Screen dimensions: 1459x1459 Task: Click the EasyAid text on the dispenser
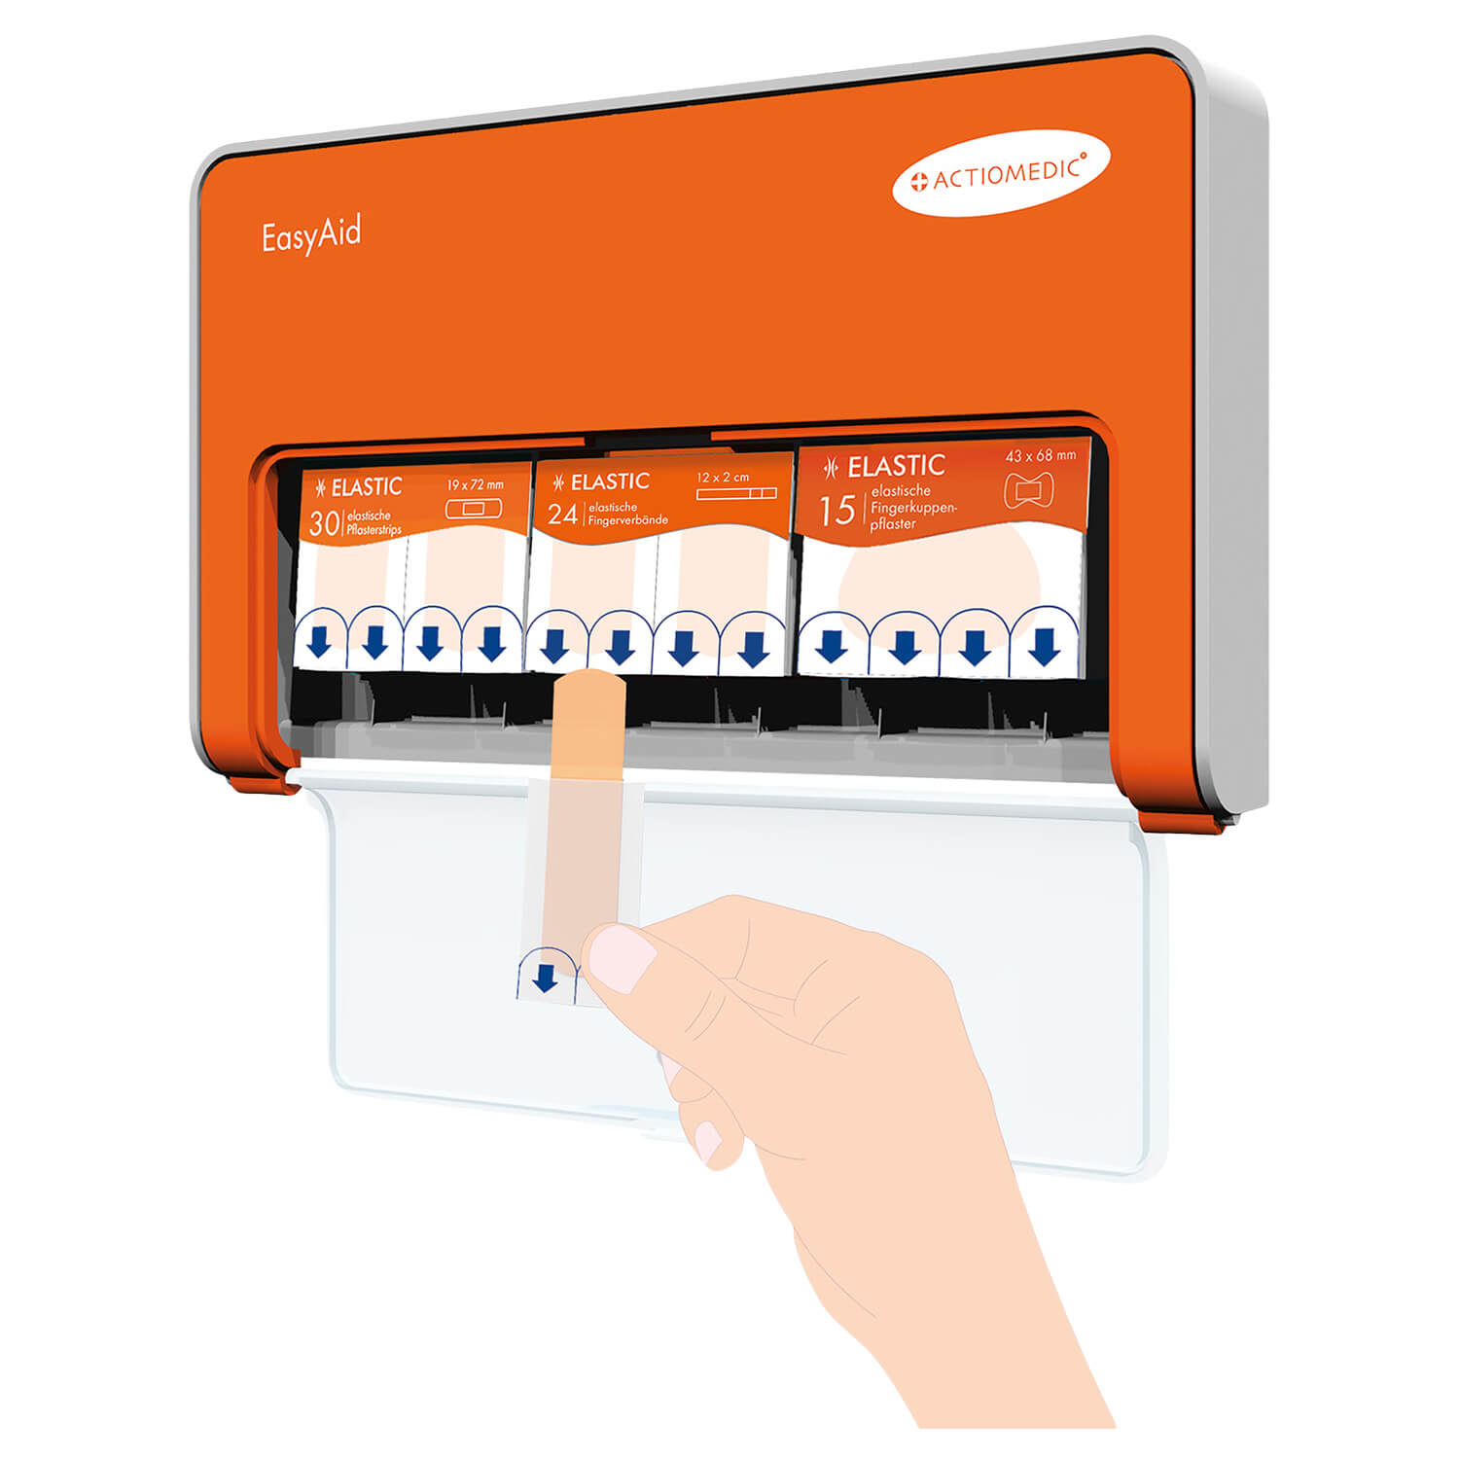point(311,235)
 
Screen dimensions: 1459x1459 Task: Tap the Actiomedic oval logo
point(1001,173)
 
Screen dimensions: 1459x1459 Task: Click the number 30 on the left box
point(324,523)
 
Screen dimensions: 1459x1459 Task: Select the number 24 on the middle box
point(563,513)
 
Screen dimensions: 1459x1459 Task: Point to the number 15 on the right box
point(836,510)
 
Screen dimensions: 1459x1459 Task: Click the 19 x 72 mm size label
point(476,484)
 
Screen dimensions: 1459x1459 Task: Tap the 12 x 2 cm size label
point(723,478)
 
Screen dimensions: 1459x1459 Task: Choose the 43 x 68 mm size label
point(1041,455)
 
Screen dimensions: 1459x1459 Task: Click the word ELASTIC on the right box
point(896,467)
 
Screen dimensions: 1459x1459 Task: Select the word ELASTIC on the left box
point(366,487)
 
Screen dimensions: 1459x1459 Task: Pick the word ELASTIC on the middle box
point(610,482)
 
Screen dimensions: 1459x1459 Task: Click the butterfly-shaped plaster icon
point(1027,491)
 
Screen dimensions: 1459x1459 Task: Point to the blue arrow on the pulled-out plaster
point(546,977)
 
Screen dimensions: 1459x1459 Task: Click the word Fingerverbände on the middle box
point(627,520)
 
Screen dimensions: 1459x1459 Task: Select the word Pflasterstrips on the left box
point(374,530)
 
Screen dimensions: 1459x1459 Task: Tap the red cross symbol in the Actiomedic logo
point(918,183)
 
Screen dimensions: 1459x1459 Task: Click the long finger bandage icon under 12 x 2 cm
point(736,493)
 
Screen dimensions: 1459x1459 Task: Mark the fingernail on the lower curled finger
point(707,1140)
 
